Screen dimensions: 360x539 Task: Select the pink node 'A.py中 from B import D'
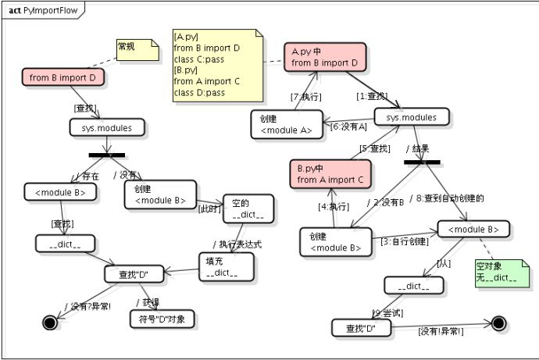coord(324,57)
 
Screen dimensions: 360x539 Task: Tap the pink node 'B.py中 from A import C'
coord(330,174)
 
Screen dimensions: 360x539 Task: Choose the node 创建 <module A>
coord(287,123)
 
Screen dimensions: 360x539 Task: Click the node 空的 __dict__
coord(248,209)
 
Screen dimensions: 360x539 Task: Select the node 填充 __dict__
coord(226,266)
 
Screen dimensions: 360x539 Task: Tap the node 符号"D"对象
coord(162,319)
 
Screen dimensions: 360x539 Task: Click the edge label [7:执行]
coord(305,97)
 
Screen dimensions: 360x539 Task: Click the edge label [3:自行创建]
coord(404,241)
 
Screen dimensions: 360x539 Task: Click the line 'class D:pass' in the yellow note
coord(199,93)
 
